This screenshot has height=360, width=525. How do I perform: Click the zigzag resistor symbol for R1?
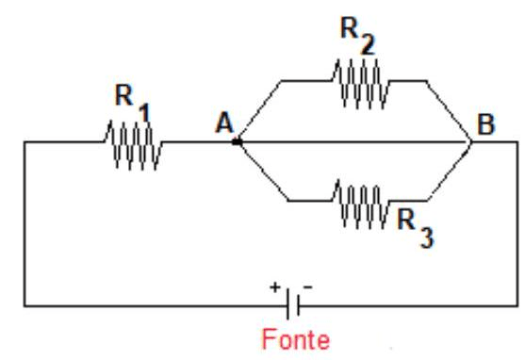tap(133, 144)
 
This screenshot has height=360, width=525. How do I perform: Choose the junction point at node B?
tap(469, 143)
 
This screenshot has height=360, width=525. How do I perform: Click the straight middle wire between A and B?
tap(353, 143)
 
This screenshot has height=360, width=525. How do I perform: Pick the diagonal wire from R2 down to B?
tap(448, 111)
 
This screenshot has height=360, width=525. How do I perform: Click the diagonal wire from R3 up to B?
tap(450, 172)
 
